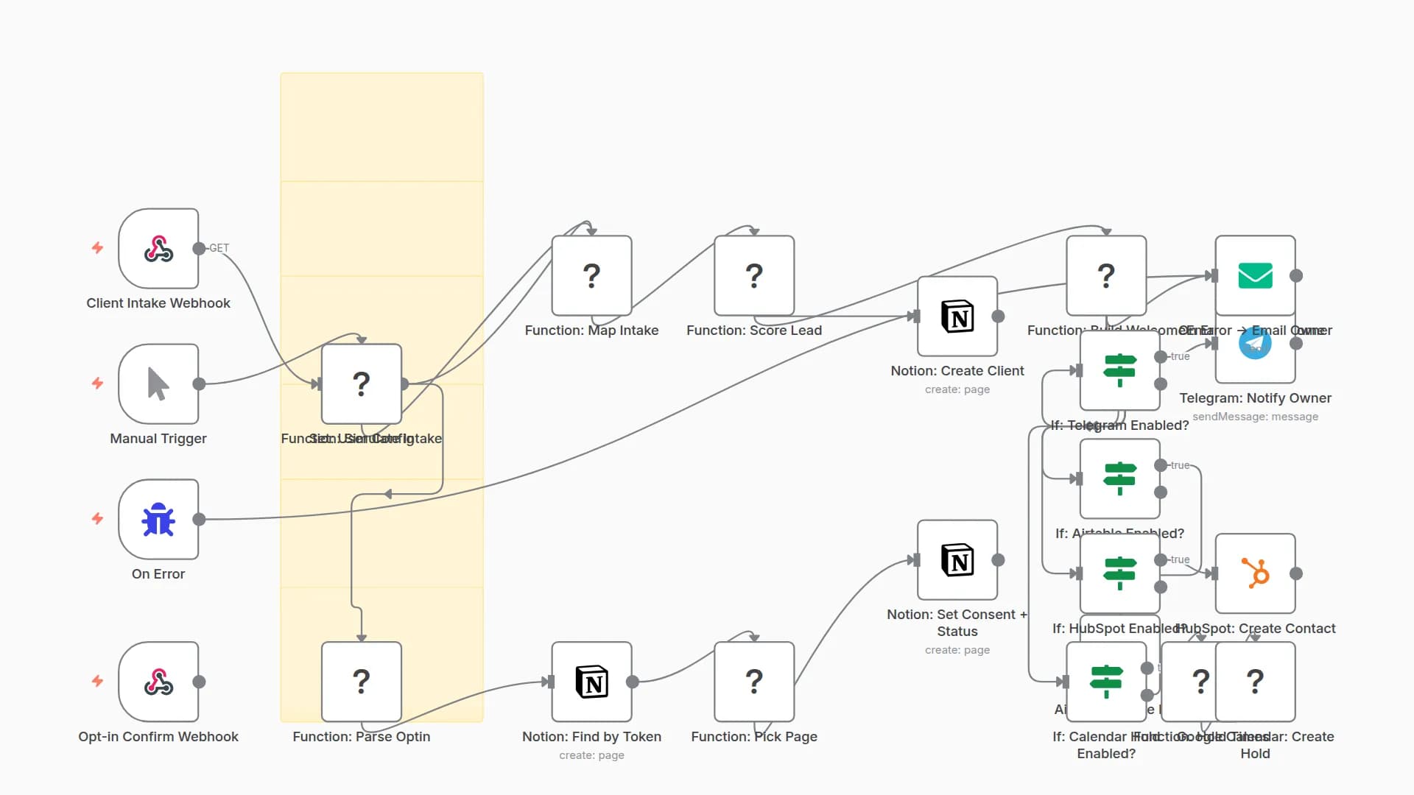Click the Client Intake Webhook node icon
158,249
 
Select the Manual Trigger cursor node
158,384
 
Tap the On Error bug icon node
158,520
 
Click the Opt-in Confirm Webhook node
158,682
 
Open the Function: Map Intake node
591,275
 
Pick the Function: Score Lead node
754,275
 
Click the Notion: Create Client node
957,317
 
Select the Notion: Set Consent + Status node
957,560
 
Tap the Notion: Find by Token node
591,682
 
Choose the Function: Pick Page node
754,682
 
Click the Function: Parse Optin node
361,682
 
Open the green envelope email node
1255,275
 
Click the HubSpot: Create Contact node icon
1255,573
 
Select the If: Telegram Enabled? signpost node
1119,370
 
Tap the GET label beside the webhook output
219,248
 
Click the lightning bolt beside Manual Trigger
97,384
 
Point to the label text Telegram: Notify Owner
1255,398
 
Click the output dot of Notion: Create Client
999,317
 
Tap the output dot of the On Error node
199,520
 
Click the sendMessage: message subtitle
1255,417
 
